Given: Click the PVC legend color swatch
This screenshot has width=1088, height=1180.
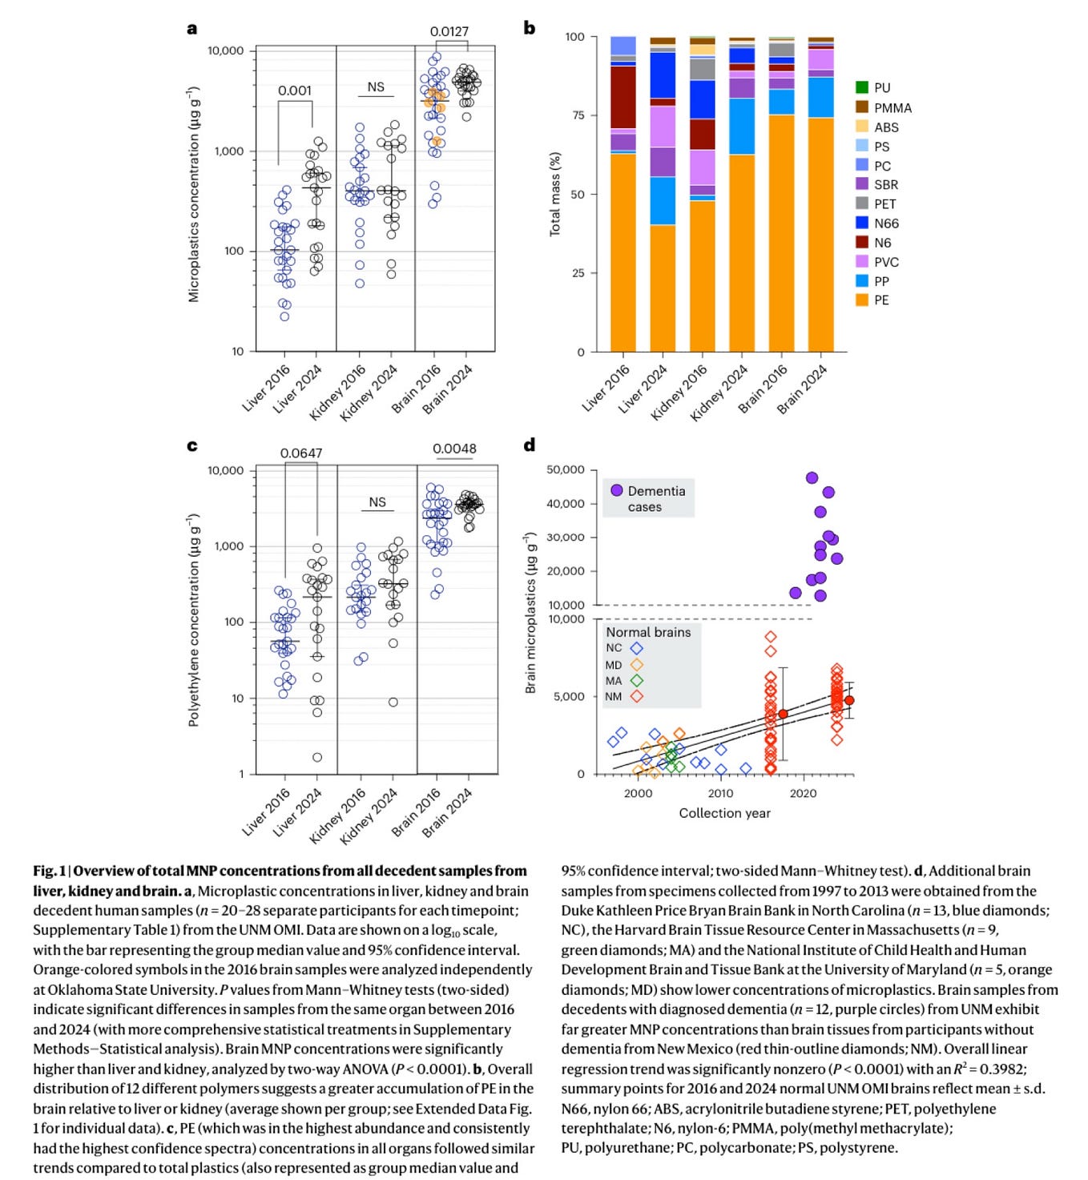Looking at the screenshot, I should point(862,262).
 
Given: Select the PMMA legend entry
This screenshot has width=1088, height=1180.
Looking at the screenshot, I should point(892,108).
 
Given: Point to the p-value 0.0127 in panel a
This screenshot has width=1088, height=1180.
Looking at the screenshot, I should point(449,32).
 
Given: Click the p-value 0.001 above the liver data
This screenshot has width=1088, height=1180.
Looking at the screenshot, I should point(294,91).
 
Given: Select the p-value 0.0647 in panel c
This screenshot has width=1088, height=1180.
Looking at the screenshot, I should point(300,453).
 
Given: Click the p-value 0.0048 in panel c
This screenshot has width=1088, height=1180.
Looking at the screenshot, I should point(454,449).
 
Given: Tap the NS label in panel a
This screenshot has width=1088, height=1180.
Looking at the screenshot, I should point(376,87).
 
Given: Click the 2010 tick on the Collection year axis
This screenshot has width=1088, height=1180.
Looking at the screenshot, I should point(720,793).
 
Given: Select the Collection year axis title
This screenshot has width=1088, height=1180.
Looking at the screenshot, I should point(724,813).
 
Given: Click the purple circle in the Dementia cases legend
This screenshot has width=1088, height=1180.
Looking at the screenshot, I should point(616,490).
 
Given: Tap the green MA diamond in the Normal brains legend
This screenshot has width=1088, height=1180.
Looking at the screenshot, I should point(636,681).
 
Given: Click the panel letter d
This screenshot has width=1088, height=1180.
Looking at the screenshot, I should point(529,445).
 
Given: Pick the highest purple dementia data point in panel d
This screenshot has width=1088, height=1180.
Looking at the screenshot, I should point(812,478).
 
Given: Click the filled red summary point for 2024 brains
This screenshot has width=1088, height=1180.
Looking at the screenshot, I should point(849,700).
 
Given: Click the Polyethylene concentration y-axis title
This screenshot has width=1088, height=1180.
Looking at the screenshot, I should point(193,620).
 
